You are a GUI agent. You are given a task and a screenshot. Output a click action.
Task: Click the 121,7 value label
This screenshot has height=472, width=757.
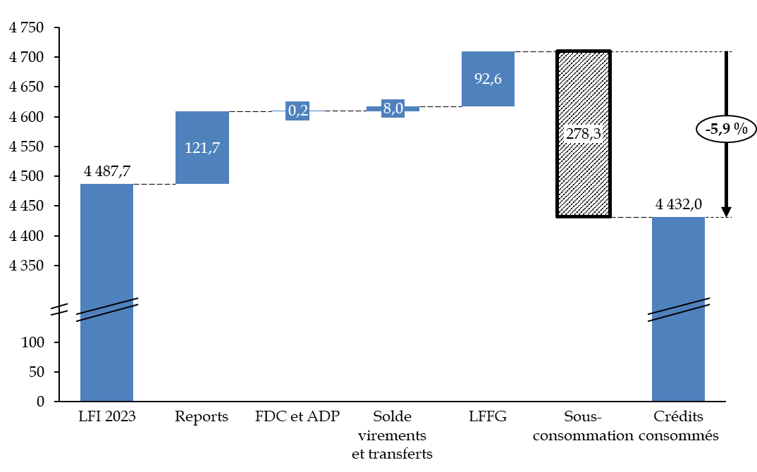coord(202,148)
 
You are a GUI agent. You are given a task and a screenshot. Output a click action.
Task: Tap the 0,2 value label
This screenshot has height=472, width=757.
coord(297,111)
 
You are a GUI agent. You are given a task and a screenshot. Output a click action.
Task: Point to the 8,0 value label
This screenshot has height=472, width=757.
coord(393,108)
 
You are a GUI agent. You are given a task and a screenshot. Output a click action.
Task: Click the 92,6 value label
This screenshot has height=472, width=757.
coord(488,79)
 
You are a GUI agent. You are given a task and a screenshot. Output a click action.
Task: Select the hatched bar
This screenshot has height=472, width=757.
coord(584,176)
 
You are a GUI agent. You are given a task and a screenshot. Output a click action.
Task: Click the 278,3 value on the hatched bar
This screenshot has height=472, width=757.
coord(584,134)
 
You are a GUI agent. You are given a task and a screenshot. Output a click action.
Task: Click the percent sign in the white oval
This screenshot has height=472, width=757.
coord(740,129)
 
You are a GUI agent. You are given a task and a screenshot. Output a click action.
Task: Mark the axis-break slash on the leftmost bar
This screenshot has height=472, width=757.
coord(106,310)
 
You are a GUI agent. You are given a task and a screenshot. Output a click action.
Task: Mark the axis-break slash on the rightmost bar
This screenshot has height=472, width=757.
coord(678,310)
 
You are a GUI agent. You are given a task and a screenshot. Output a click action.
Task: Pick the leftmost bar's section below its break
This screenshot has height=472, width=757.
coord(106,359)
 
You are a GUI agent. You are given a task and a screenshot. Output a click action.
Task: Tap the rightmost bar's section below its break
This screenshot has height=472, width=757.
coord(678,359)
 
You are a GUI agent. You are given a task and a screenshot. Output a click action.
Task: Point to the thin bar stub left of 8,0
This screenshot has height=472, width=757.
coord(374,108)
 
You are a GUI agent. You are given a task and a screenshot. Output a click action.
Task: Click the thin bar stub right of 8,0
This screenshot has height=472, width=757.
coord(412,108)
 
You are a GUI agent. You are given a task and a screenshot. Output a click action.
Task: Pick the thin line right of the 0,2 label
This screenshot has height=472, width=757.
coord(317,111)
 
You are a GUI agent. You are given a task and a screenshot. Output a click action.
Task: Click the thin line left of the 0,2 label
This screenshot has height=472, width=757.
coord(278,111)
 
